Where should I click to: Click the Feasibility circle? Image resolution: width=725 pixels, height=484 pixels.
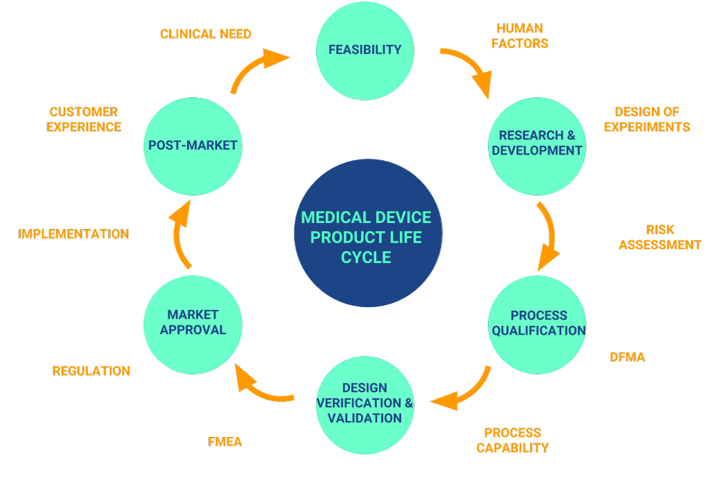365,50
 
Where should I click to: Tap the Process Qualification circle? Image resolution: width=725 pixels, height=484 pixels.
537,323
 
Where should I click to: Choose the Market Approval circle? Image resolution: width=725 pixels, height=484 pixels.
193,322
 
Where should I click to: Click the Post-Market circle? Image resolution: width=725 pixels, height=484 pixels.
193,146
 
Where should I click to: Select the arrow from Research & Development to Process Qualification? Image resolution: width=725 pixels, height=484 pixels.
549,235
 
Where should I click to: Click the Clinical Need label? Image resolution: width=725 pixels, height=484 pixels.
206,34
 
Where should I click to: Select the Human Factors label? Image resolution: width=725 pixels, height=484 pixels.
519,36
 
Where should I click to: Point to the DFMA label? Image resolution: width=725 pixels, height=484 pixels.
627,356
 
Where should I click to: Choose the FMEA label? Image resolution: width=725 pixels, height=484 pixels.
225,442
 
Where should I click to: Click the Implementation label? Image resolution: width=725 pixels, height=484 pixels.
74,234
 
